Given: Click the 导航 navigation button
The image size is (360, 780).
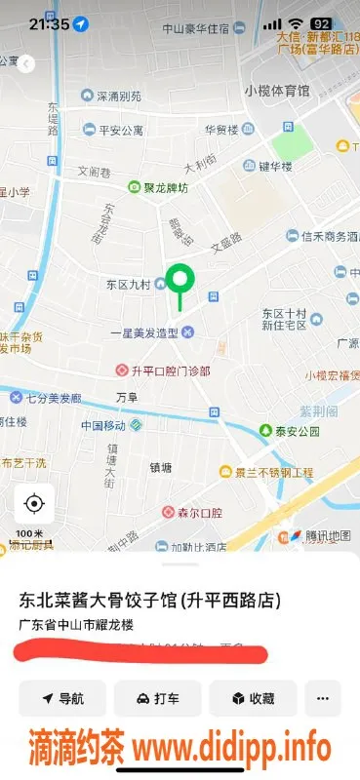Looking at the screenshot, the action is pyautogui.click(x=62, y=698).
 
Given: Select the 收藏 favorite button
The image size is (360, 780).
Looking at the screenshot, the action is pyautogui.click(x=253, y=698).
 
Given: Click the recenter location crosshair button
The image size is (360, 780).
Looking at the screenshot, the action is pyautogui.click(x=34, y=503).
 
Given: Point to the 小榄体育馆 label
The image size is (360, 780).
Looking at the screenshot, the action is pyautogui.click(x=277, y=91).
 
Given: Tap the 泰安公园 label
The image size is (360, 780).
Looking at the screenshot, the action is pyautogui.click(x=289, y=430).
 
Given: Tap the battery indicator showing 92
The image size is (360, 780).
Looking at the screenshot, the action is pyautogui.click(x=319, y=23).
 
